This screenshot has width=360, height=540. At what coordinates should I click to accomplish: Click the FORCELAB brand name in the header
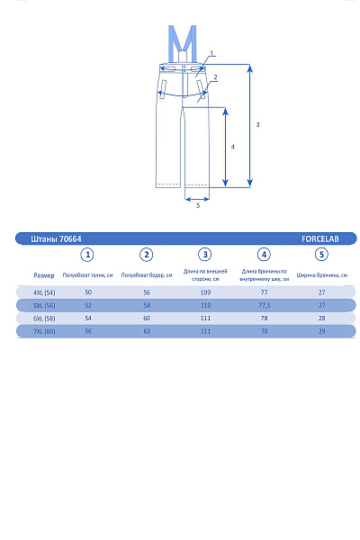pyautogui.click(x=320, y=238)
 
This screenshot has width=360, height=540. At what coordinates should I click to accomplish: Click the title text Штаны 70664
pyautogui.click(x=56, y=239)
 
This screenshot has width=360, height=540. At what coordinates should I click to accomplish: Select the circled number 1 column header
pyautogui.click(x=87, y=255)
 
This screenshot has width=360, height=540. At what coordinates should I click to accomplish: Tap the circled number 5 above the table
pyautogui.click(x=322, y=255)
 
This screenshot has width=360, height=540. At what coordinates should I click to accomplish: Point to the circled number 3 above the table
pyautogui.click(x=205, y=255)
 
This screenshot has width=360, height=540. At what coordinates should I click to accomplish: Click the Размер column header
pyautogui.click(x=44, y=275)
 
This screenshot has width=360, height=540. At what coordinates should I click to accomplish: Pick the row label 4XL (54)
pyautogui.click(x=44, y=292)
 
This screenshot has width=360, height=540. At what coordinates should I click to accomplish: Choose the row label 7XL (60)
pyautogui.click(x=44, y=331)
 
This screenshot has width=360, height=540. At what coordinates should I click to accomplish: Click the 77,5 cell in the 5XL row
pyautogui.click(x=265, y=305)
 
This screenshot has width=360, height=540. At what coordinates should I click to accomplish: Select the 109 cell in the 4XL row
pyautogui.click(x=205, y=292)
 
